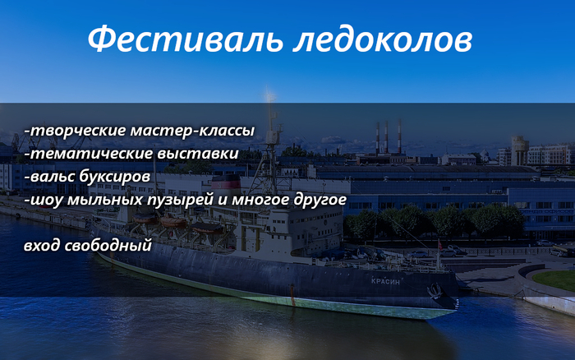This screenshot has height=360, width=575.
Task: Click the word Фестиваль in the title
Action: tap(185, 39)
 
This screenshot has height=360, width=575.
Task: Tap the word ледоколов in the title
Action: tap(383, 39)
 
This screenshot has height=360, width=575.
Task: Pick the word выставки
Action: tap(198, 154)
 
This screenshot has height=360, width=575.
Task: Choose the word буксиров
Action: tap(115, 177)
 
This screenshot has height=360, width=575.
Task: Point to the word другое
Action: tap(320, 201)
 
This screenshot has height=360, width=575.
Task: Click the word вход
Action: tap(42, 245)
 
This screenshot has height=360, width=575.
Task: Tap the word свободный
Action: tap(108, 246)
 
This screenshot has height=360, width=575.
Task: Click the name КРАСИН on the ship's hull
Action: tap(385, 281)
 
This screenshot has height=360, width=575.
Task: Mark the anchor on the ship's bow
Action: tap(435, 291)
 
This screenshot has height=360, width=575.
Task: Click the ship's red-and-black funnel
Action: tap(226, 187)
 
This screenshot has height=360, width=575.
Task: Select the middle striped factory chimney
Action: tap(386, 137)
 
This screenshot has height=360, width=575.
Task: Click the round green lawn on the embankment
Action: tap(554, 280)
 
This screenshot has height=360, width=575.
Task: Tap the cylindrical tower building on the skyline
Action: tap(520, 150)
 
